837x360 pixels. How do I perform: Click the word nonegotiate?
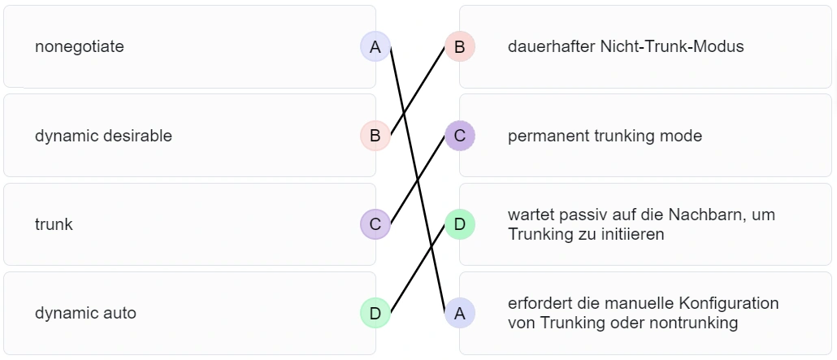(79, 47)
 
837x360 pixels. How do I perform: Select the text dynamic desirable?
(103, 136)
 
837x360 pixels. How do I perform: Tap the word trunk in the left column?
(54, 224)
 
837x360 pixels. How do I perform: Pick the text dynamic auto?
(85, 313)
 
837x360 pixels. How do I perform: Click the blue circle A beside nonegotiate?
(375, 47)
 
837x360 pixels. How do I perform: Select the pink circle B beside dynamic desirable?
(375, 136)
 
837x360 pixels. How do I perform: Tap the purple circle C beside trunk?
(375, 224)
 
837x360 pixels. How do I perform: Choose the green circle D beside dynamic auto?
(375, 313)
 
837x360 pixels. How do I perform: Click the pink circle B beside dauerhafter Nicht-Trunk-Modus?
(459, 47)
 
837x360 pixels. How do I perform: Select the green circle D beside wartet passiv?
(459, 224)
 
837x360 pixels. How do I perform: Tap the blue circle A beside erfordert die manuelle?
(459, 313)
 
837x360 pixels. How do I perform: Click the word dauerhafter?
(550, 47)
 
